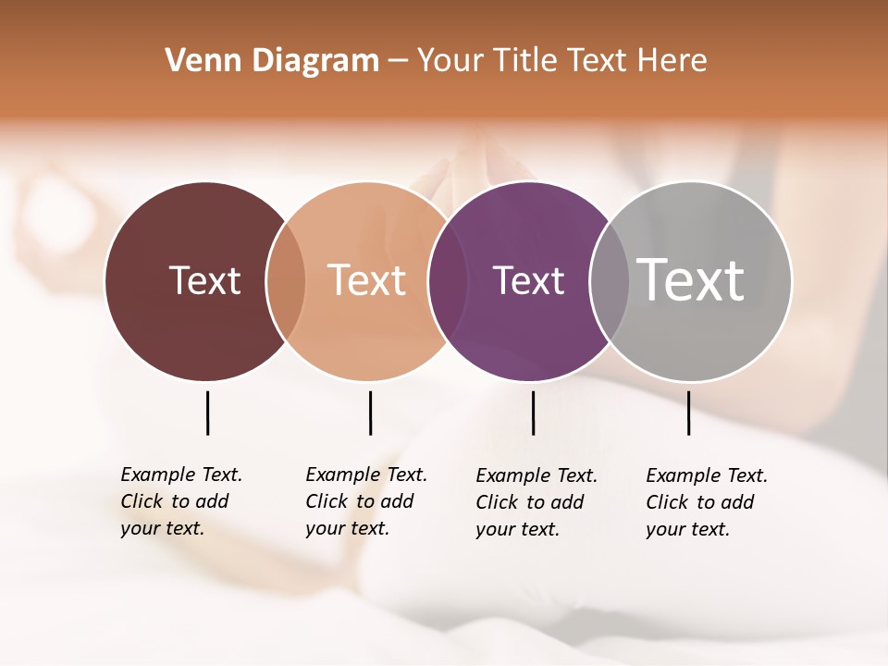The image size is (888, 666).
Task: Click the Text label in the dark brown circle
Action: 204,280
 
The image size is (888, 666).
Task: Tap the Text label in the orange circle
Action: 367,280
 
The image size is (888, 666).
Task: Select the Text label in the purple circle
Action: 528,280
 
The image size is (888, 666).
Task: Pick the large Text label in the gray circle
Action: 691,280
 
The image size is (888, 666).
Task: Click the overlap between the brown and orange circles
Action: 286,281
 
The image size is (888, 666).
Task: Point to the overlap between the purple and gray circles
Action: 610,281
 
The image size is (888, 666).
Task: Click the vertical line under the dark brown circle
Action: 207,413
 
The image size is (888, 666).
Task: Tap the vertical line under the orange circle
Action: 370,413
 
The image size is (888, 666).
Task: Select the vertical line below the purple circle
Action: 533,413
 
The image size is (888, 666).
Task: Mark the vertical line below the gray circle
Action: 688,413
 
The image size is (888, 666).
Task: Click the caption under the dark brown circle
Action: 181,501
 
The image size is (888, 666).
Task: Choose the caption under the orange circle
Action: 366,501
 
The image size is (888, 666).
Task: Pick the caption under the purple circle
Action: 536,502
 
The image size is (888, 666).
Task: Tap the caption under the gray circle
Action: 707,502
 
